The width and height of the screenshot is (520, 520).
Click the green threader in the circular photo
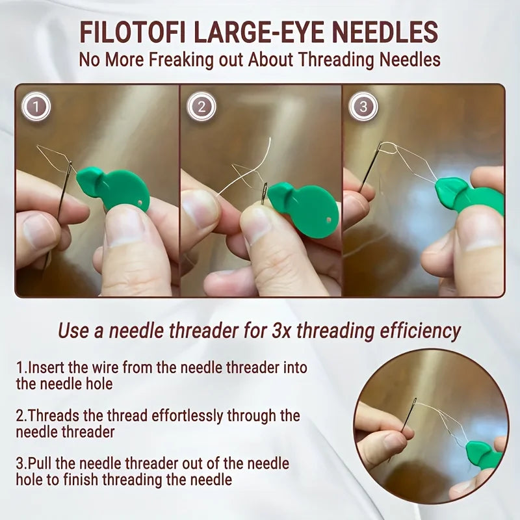(484, 455)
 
